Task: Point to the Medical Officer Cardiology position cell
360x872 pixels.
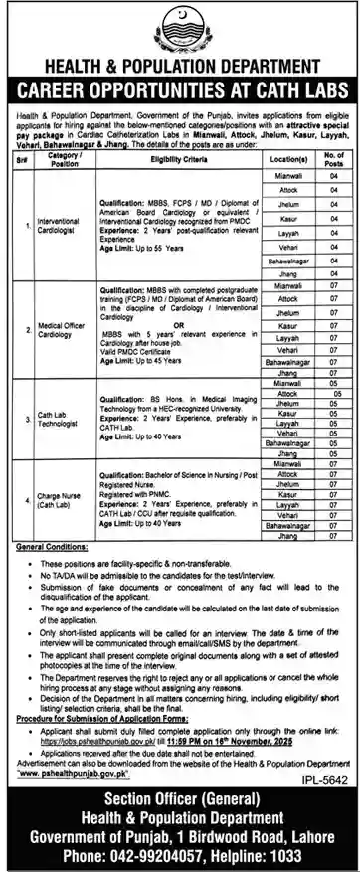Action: [59, 332]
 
